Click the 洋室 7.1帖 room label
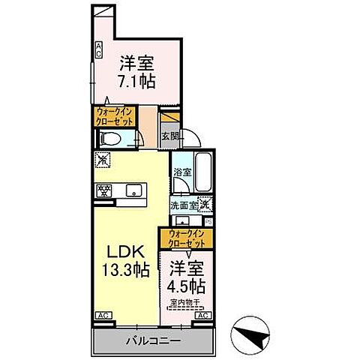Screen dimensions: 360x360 tap(135, 70)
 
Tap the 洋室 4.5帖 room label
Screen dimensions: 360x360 tap(184, 276)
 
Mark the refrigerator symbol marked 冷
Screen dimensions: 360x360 tap(103, 160)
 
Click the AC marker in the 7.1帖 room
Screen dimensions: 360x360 tap(97, 49)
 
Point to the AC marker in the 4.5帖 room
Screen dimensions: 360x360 tap(201, 316)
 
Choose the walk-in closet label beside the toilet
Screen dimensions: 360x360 tap(113, 116)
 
